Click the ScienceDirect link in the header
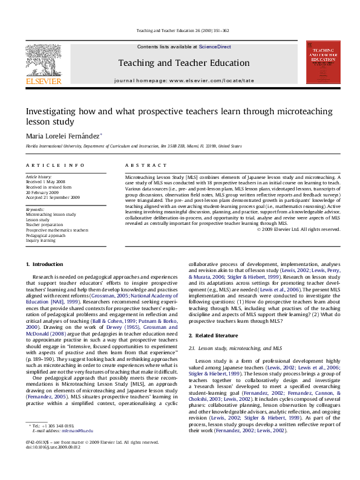(x=214, y=47)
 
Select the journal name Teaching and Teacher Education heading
(x=183, y=63)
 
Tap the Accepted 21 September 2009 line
(x=53, y=197)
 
